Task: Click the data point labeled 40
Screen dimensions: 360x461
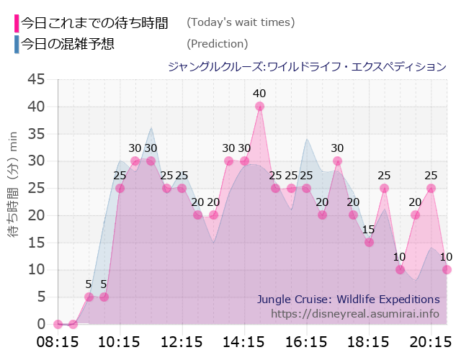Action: click(259, 107)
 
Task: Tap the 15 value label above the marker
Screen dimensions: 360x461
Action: click(368, 230)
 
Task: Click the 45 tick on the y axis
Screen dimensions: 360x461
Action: click(36, 79)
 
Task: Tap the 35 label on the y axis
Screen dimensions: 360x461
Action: click(36, 134)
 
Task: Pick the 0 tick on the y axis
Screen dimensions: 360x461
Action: click(41, 324)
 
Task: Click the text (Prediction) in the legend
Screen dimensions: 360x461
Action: click(217, 44)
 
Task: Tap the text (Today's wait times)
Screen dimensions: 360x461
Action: click(241, 22)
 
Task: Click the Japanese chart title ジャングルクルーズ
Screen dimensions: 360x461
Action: click(307, 67)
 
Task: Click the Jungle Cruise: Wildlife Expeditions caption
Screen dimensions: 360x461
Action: click(348, 299)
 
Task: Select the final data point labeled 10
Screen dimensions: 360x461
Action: click(447, 269)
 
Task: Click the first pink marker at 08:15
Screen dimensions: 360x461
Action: click(58, 324)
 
